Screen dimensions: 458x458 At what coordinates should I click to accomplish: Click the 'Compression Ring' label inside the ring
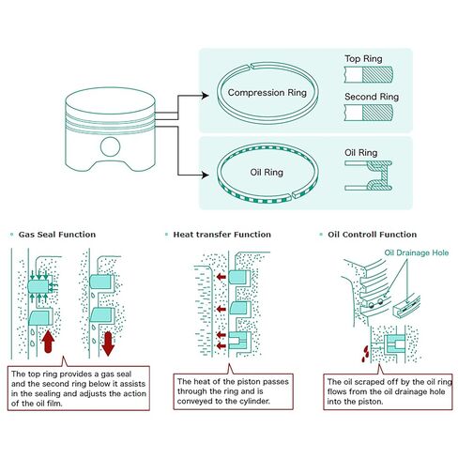(267, 93)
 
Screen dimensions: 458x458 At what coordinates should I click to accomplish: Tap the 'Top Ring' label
(363, 59)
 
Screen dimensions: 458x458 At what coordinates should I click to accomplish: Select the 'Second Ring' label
(372, 97)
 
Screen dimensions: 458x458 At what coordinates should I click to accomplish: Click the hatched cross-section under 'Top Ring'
(377, 74)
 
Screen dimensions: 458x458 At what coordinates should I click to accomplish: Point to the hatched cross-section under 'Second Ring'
(377, 113)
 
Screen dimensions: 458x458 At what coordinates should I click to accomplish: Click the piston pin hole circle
(110, 146)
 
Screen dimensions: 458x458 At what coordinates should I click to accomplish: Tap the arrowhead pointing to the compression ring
(206, 96)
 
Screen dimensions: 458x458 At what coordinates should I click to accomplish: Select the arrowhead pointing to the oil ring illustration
(206, 175)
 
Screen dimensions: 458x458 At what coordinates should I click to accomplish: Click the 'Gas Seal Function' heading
(57, 235)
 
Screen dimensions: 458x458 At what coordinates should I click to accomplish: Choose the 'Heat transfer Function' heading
(222, 235)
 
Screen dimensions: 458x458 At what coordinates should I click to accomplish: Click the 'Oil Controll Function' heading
(373, 235)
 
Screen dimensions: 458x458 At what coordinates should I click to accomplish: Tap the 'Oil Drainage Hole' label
(417, 252)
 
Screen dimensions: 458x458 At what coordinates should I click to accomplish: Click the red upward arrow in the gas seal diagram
(48, 341)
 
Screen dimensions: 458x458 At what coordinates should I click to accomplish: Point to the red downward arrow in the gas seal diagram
(108, 343)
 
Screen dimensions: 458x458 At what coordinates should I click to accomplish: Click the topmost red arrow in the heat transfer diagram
(221, 277)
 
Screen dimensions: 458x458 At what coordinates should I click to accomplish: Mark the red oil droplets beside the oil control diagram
(365, 354)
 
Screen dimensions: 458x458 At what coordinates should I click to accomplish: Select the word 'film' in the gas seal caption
(54, 404)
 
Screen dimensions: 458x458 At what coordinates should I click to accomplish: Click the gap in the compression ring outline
(251, 67)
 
